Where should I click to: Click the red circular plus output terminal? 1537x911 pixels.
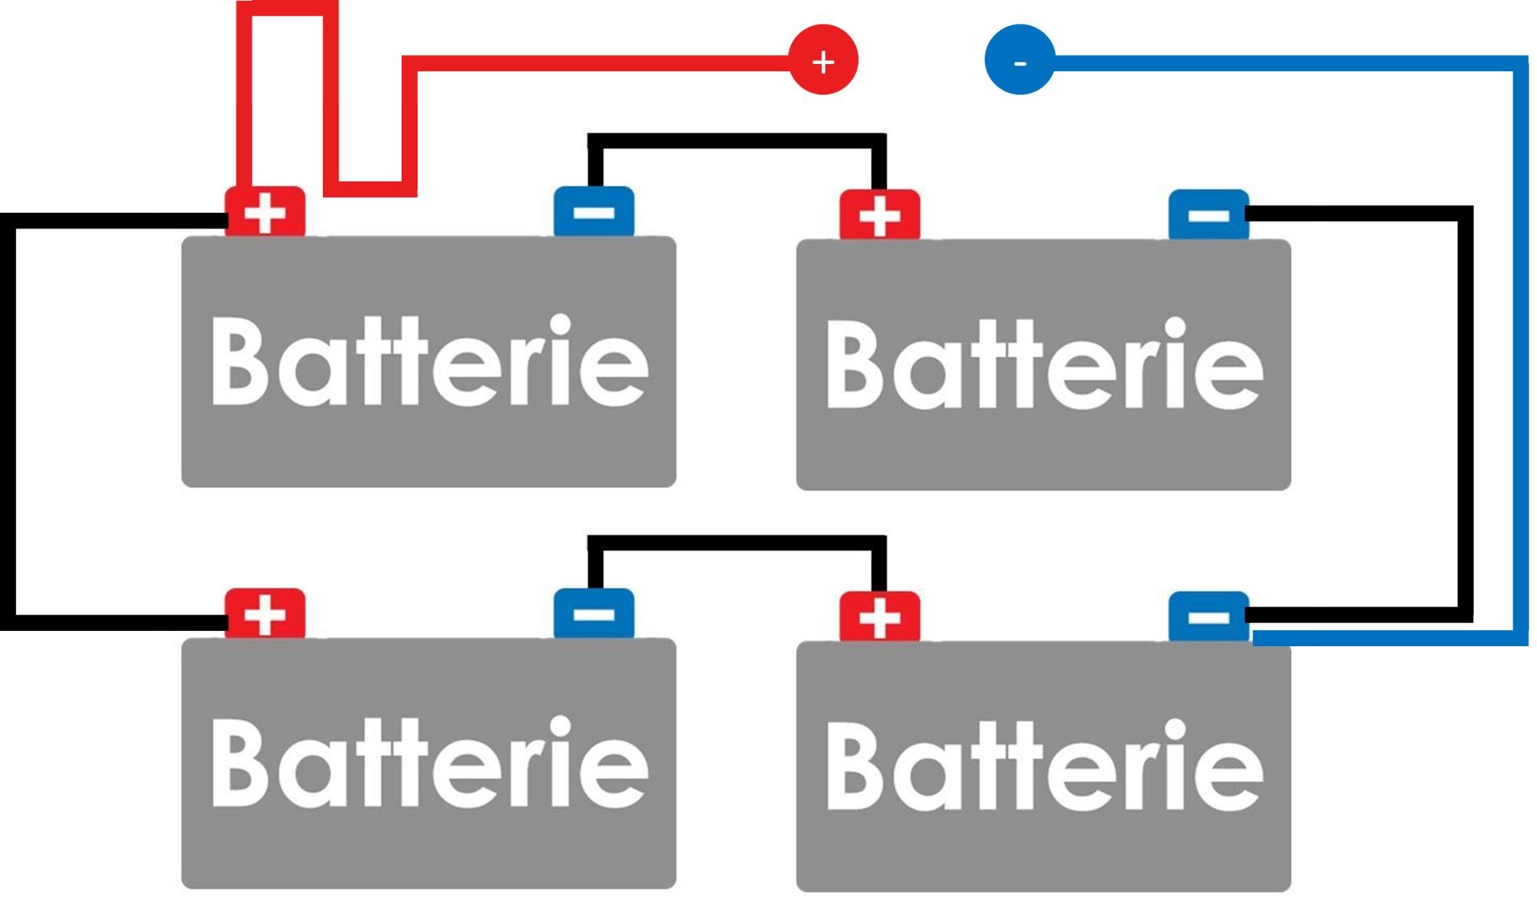(823, 60)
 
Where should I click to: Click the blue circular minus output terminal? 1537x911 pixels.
(1020, 60)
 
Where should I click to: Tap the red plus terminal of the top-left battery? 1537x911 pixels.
(265, 212)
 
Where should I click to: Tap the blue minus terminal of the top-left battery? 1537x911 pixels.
(594, 212)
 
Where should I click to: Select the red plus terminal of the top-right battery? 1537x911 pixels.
(879, 215)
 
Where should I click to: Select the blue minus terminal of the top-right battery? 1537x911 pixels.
(1208, 215)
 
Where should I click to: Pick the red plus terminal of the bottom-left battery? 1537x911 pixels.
(265, 614)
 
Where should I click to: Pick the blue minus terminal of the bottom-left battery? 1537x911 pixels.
(594, 614)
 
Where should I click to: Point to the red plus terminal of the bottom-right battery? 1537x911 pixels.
(879, 617)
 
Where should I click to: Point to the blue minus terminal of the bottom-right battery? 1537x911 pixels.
(1208, 617)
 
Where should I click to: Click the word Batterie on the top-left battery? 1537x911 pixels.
(429, 361)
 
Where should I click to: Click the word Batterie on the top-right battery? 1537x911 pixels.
(1044, 364)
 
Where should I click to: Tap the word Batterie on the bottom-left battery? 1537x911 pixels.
(429, 763)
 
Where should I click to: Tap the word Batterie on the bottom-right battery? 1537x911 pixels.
(1044, 766)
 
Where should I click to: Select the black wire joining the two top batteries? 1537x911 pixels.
(737, 141)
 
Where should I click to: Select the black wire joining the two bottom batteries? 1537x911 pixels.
(737, 543)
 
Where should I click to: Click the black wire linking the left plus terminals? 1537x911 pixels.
(8, 421)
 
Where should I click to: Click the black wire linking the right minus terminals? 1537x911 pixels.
(1465, 413)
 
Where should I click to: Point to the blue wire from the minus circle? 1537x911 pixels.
(1521, 348)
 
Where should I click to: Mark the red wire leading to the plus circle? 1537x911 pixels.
(599, 62)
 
